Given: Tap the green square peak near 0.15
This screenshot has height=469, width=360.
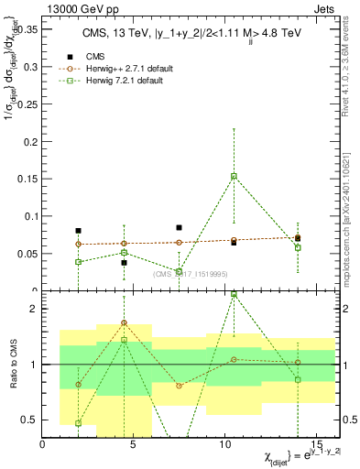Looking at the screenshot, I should pyautogui.click(x=234, y=176).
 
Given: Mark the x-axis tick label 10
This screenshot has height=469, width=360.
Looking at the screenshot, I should pyautogui.click(x=226, y=445).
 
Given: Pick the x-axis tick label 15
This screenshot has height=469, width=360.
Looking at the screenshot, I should pyautogui.click(x=318, y=445).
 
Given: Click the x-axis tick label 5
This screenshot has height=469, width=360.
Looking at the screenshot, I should pyautogui.click(x=135, y=445).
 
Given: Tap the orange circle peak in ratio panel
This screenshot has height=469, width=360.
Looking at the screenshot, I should pyautogui.click(x=124, y=323).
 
